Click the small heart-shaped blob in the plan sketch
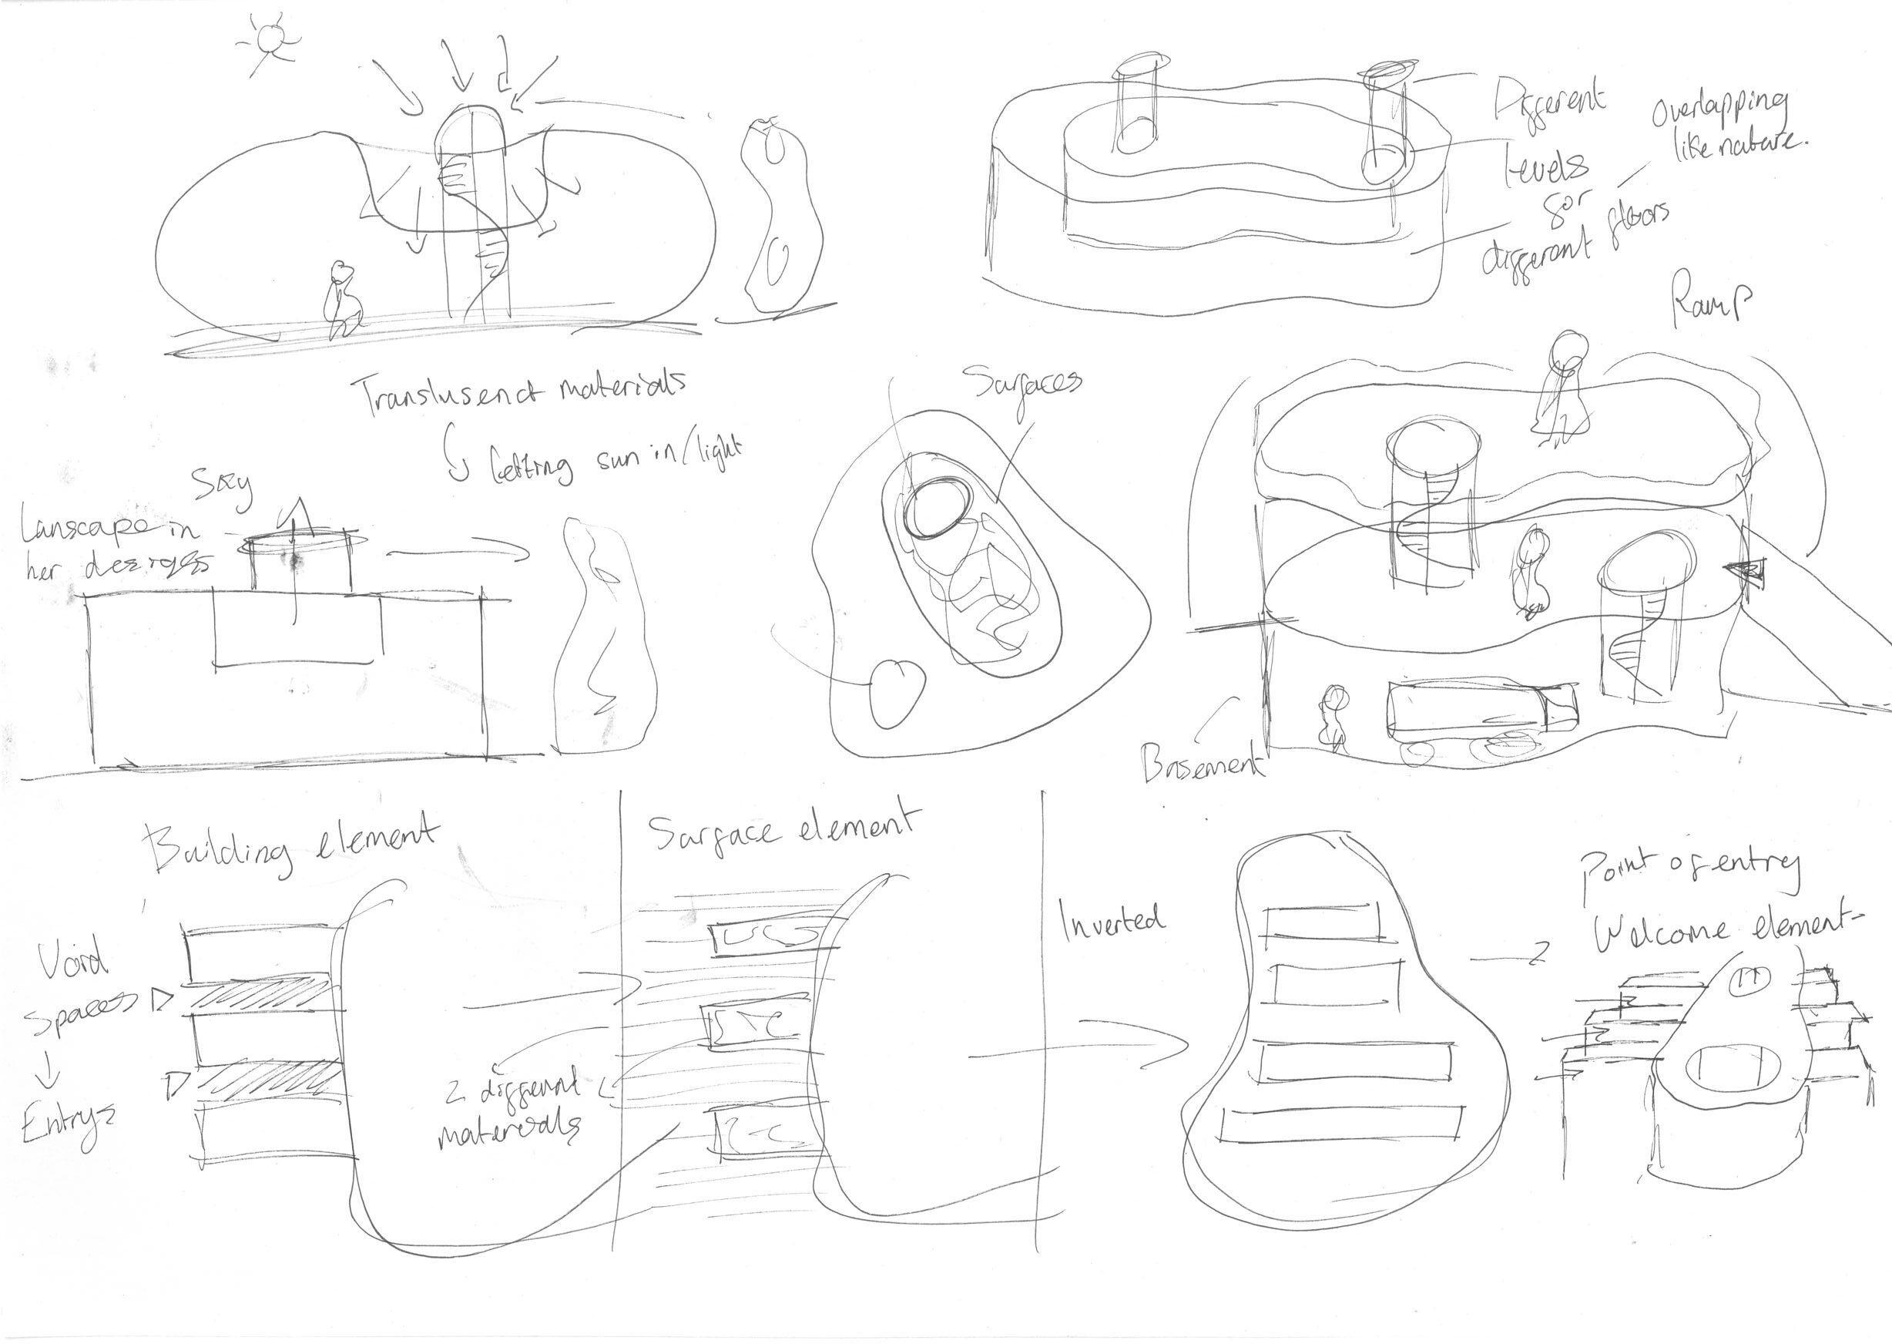pos(894,691)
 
